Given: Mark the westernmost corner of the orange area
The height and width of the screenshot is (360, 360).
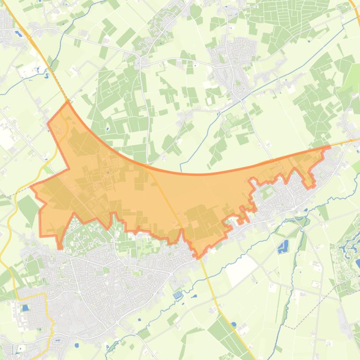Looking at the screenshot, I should click(x=31, y=187).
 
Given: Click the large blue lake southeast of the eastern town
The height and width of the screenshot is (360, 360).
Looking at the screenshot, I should click(x=283, y=246).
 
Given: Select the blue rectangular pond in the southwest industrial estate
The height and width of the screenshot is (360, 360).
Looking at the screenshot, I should click(x=25, y=308).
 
